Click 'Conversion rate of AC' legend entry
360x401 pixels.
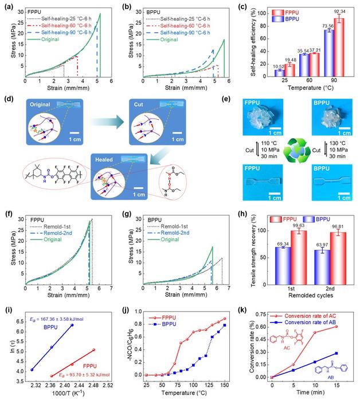315,313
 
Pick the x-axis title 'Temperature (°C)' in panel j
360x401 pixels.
181,395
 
